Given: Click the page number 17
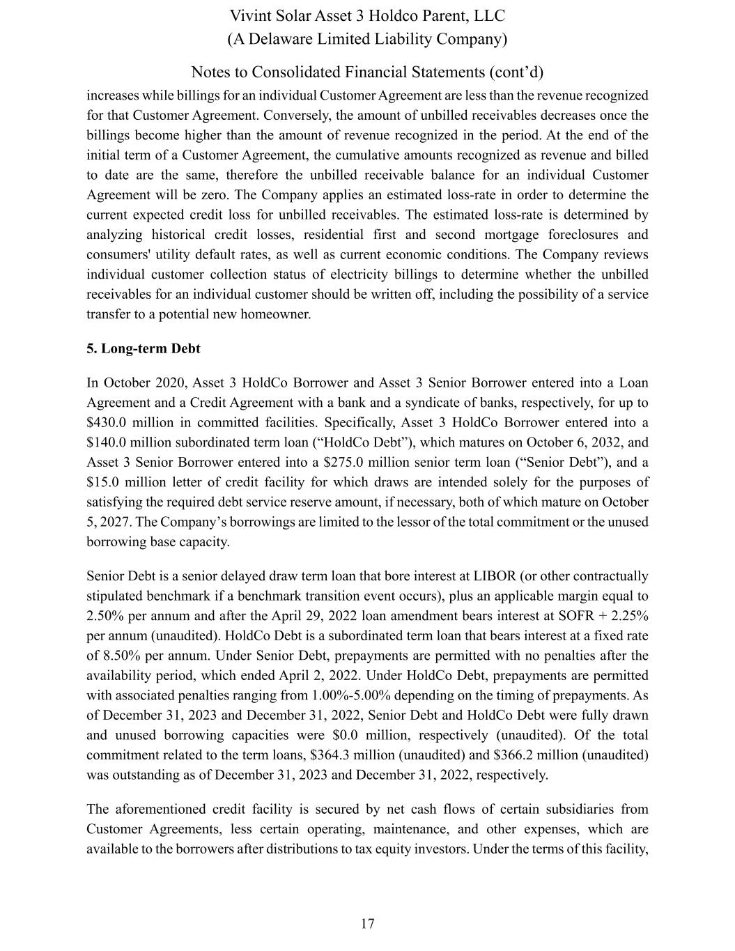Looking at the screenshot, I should coord(368,924).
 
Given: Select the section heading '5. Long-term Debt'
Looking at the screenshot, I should coord(143,348).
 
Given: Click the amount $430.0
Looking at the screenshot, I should coord(107,423).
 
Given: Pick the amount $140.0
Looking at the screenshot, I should coord(107,442).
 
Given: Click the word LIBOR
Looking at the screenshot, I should coord(493,576).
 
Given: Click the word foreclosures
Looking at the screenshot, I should coord(587,235).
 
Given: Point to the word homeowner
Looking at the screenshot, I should coord(275,314).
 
